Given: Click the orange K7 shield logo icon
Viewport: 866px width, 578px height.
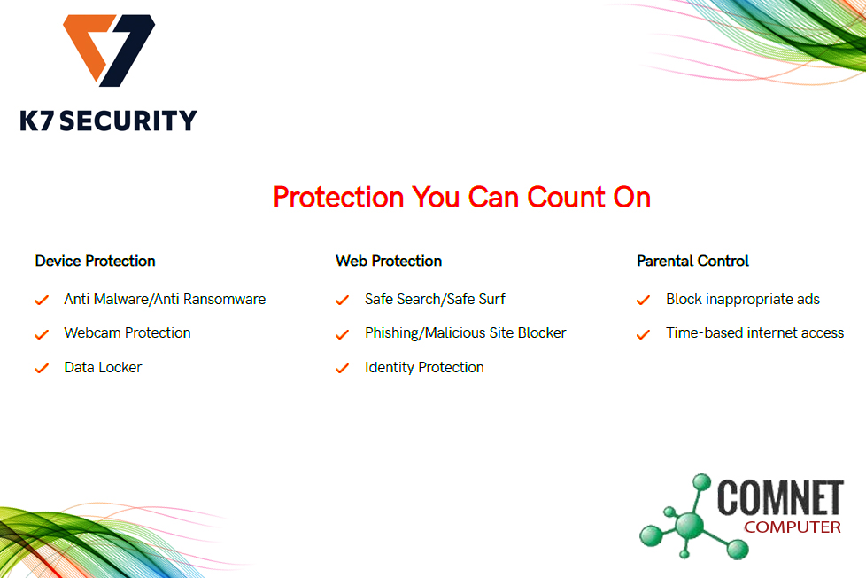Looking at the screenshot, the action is point(109,50).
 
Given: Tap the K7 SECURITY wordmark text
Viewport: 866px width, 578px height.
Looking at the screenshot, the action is point(108,121).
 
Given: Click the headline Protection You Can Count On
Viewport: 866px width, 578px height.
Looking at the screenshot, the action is point(461,198).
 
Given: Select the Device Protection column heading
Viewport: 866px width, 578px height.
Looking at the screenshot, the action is point(95,261).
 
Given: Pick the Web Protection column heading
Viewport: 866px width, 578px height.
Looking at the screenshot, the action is point(389,261).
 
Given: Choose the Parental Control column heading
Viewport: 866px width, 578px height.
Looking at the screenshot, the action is point(692,261).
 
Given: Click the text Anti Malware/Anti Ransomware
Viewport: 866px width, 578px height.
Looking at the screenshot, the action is point(165,300).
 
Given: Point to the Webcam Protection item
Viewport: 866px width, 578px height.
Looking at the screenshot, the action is point(128,333).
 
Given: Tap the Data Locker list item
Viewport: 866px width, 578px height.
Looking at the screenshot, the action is point(104,367).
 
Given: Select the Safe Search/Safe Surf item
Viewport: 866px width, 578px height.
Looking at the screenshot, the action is point(435,300).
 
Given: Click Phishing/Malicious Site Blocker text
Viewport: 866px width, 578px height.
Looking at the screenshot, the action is point(466,333).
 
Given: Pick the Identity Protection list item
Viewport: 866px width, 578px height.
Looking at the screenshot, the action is point(424,367).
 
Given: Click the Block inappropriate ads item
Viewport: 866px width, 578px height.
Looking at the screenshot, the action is point(743,300).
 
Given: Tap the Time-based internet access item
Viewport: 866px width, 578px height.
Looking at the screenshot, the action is point(755,333).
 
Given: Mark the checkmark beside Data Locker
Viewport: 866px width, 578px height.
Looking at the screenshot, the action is point(42,369).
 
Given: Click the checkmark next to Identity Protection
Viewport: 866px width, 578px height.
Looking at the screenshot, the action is point(342,369).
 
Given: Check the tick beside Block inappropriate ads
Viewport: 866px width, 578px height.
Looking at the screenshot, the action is point(643,301).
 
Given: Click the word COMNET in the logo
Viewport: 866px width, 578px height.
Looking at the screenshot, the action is point(780,497).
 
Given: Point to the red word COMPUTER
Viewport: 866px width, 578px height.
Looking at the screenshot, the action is point(793,527).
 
